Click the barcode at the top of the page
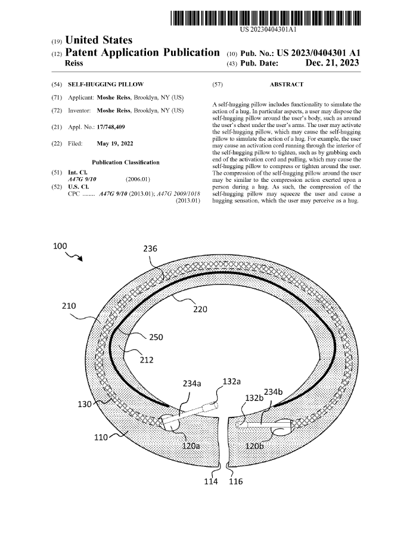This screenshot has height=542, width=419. [x=266, y=14]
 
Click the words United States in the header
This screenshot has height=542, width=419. [x=98, y=41]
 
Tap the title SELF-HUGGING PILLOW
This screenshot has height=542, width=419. [x=105, y=85]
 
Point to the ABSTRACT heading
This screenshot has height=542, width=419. [x=286, y=85]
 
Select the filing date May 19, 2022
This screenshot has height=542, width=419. [x=115, y=144]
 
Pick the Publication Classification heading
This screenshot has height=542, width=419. [x=126, y=162]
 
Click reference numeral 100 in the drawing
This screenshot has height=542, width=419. [x=60, y=246]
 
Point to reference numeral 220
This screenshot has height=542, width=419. [x=200, y=309]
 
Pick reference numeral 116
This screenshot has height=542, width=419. [x=236, y=482]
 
